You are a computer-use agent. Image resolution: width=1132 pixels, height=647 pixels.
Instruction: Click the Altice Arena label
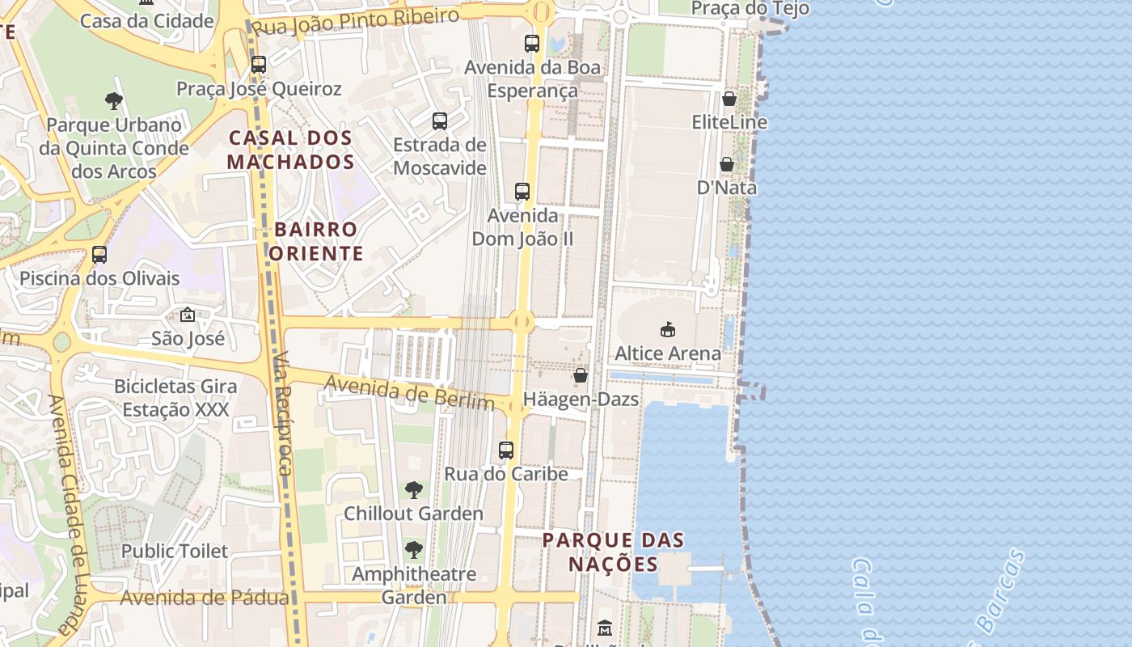pyautogui.click(x=668, y=353)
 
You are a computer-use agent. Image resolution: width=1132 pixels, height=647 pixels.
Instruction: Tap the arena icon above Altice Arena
pyautogui.click(x=668, y=329)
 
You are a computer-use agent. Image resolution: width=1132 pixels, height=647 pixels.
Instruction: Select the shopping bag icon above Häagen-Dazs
pyautogui.click(x=581, y=375)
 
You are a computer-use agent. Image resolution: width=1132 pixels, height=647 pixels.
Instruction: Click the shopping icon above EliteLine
pyautogui.click(x=729, y=99)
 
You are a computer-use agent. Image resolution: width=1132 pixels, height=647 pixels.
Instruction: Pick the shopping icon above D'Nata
pyautogui.click(x=727, y=164)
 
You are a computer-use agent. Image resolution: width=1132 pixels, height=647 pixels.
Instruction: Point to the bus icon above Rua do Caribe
pyautogui.click(x=506, y=450)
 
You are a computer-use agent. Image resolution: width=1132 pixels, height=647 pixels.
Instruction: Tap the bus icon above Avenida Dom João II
pyautogui.click(x=522, y=192)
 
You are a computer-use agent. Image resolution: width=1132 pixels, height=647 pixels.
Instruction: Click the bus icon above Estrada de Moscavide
pyautogui.click(x=440, y=121)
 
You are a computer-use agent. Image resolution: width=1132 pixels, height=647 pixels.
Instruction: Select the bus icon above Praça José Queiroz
pyautogui.click(x=259, y=65)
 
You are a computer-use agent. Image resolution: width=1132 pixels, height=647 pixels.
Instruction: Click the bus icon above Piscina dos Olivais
pyautogui.click(x=99, y=255)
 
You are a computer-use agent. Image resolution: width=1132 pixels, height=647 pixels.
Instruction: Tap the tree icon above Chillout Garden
pyautogui.click(x=414, y=489)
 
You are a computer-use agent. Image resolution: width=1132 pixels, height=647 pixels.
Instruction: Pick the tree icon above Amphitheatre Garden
pyautogui.click(x=414, y=550)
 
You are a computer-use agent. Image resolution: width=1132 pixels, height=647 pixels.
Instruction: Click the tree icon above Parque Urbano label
pyautogui.click(x=114, y=101)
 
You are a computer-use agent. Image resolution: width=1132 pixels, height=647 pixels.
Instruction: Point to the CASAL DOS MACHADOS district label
pyautogui.click(x=290, y=150)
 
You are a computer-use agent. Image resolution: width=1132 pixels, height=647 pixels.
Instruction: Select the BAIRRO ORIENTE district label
pyautogui.click(x=316, y=241)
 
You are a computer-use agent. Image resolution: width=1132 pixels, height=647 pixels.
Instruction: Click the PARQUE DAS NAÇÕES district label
pyautogui.click(x=613, y=552)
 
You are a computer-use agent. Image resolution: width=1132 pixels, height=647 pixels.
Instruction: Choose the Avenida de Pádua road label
pyautogui.click(x=205, y=598)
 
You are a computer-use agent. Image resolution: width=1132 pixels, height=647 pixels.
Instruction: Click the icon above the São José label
pyautogui.click(x=188, y=314)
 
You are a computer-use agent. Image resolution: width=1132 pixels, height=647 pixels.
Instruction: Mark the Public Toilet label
pyautogui.click(x=175, y=551)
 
